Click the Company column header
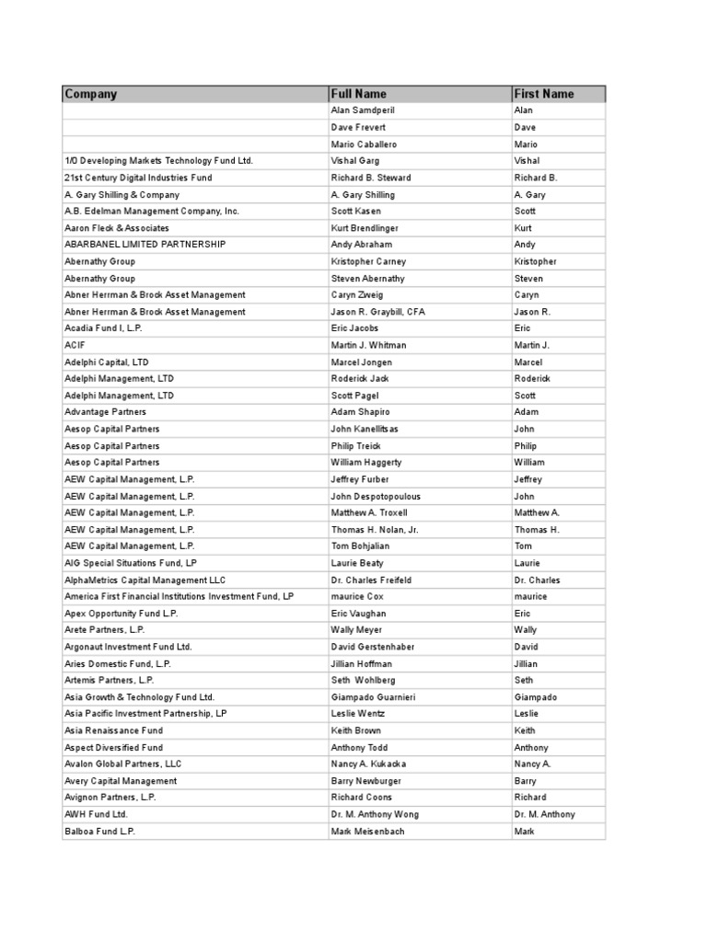click(91, 94)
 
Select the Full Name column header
click(359, 94)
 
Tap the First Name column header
click(544, 94)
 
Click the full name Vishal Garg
click(356, 161)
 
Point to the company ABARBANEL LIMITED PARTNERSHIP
click(145, 245)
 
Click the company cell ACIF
click(75, 345)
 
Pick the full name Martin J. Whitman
click(368, 345)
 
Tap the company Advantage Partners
click(105, 412)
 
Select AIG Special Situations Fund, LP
click(131, 563)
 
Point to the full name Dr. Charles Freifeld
click(370, 580)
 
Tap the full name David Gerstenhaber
click(373, 647)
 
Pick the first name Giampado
click(538, 697)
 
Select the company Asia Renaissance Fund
click(113, 730)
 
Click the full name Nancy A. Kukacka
click(368, 764)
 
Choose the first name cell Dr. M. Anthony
click(544, 814)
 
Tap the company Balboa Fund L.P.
click(100, 832)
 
